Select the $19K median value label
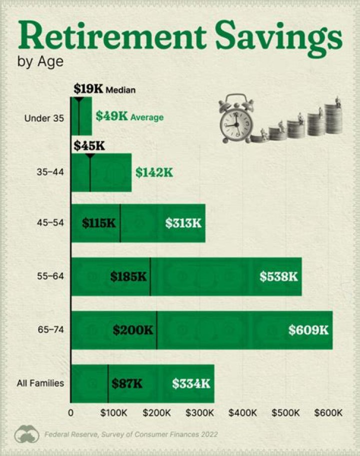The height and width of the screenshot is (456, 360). click(88, 89)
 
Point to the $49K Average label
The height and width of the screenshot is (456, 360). click(129, 117)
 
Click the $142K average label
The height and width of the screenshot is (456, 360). click(154, 172)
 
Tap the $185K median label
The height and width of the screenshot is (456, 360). click(128, 276)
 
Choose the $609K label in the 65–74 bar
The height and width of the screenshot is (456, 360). click(308, 330)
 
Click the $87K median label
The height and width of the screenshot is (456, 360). click(127, 383)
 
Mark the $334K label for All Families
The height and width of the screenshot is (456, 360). click(191, 383)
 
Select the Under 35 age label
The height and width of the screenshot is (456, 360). click(44, 119)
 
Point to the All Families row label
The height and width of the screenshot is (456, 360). click(40, 383)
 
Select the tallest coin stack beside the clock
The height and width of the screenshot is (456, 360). click(333, 119)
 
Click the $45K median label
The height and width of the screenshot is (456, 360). click(88, 146)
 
